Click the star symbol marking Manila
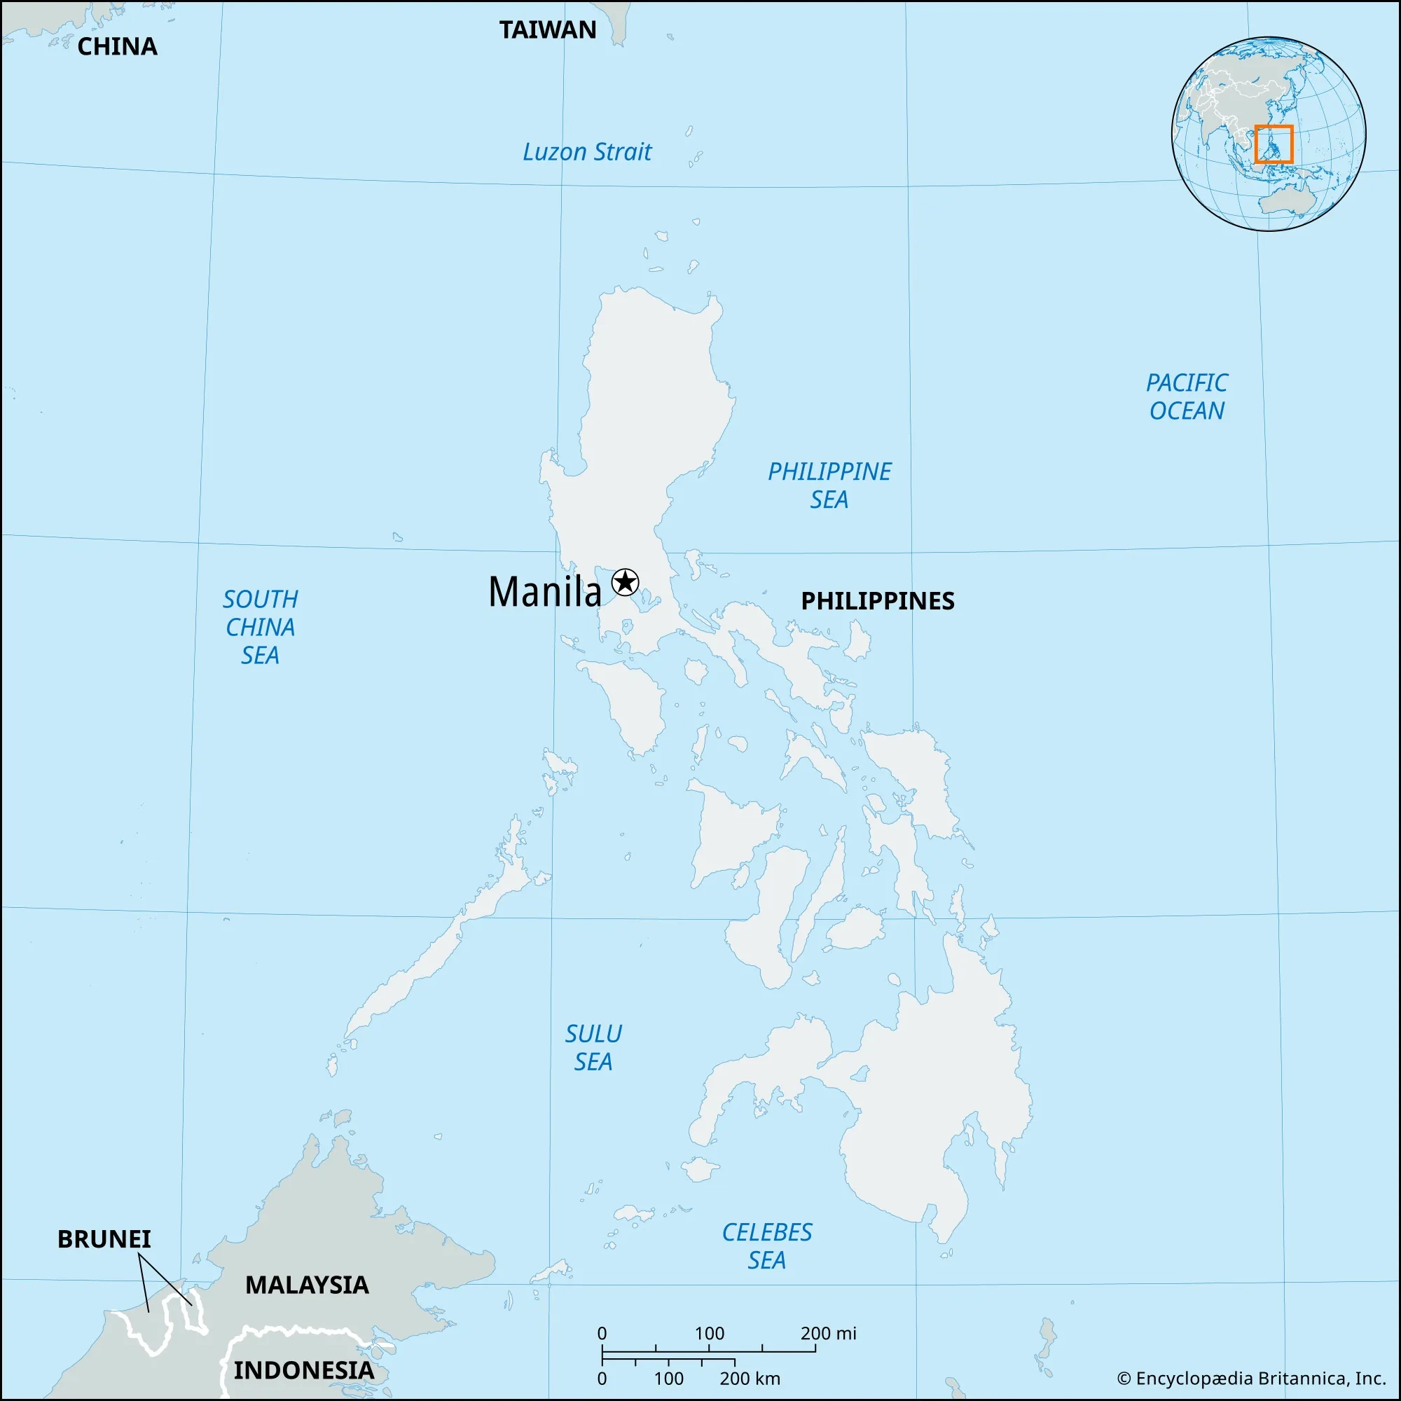[624, 582]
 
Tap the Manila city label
[544, 592]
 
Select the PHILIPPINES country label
[878, 600]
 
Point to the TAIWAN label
[548, 30]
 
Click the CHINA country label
[118, 46]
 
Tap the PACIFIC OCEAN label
[1187, 396]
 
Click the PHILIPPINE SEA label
[829, 485]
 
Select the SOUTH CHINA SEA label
[261, 627]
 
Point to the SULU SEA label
[593, 1048]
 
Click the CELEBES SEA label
[766, 1245]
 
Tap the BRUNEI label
[104, 1239]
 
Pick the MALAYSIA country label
[307, 1285]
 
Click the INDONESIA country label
[304, 1369]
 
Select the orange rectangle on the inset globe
[1274, 144]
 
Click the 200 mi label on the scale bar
[828, 1333]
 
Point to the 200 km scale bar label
[750, 1378]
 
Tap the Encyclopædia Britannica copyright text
[1252, 1378]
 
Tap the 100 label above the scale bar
[709, 1333]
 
